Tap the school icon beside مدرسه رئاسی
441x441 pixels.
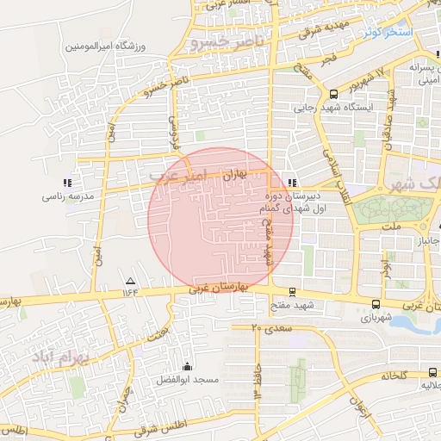[67, 183]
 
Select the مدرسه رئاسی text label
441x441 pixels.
[66, 196]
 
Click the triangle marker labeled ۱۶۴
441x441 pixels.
[131, 282]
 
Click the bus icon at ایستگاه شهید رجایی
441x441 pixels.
[334, 95]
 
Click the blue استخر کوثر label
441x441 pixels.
[388, 32]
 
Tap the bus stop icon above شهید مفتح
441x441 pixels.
[293, 292]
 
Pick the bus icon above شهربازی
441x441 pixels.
[376, 304]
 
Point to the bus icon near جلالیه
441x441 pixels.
[431, 372]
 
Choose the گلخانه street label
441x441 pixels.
[388, 376]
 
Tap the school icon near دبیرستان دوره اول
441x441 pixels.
[293, 183]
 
